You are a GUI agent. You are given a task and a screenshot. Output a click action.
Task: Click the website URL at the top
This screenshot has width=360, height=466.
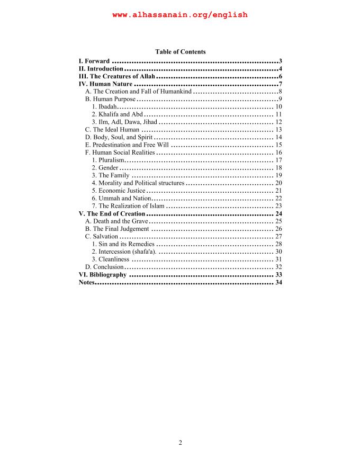(180, 15)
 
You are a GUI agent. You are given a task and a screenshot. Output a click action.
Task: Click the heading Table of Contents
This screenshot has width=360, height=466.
(180, 52)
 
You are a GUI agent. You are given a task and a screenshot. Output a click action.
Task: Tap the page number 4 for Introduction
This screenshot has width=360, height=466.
(280, 69)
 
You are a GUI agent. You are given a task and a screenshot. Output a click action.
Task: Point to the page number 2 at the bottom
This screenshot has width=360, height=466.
(180, 443)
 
